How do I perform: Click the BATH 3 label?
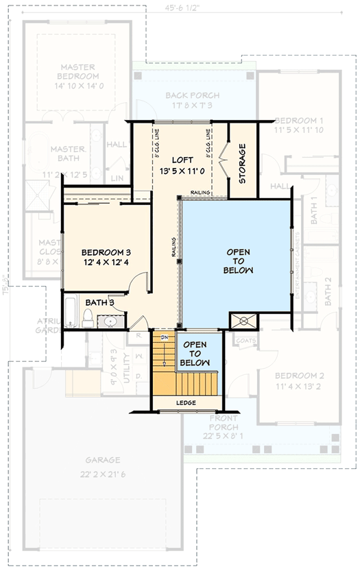(x=99, y=302)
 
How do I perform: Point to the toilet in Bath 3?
(x=88, y=317)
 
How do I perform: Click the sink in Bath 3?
(x=110, y=321)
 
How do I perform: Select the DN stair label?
(x=165, y=338)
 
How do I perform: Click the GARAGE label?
(x=103, y=460)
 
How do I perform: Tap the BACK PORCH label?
(x=193, y=95)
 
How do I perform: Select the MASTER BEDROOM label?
(x=77, y=72)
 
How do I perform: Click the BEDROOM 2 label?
(x=300, y=376)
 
